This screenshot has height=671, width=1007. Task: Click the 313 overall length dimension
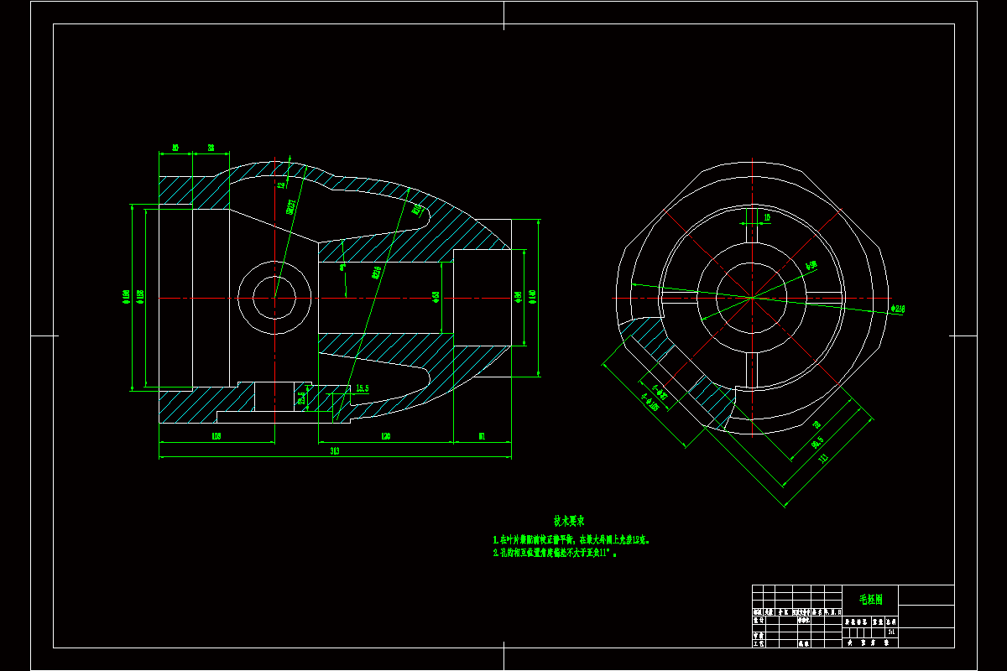(334, 452)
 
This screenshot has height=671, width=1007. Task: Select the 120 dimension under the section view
(385, 436)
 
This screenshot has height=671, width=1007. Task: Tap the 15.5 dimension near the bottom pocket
(363, 388)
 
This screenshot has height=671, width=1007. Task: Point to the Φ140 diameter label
(532, 296)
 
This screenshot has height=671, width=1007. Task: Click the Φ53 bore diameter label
(436, 297)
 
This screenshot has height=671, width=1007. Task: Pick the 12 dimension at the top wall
(281, 186)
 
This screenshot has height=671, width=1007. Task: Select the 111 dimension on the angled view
(823, 458)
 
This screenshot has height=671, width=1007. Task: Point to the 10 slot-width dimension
(766, 217)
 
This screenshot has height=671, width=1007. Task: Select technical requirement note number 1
(571, 540)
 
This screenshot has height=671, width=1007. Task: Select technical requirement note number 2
(555, 554)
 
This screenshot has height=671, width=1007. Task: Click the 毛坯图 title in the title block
(869, 600)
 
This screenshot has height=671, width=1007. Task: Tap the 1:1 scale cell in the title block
(890, 633)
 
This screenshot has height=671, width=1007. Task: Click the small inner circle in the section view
(274, 297)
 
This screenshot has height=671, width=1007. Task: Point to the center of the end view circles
(752, 296)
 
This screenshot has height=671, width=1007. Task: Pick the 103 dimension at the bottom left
(216, 436)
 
